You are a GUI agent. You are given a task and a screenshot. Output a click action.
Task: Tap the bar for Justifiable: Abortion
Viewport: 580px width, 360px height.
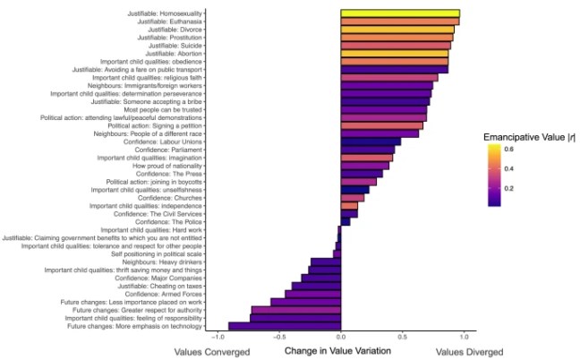pyautogui.click(x=395, y=53)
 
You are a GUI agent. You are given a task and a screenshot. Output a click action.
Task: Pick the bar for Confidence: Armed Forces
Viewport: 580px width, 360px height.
pyautogui.click(x=313, y=294)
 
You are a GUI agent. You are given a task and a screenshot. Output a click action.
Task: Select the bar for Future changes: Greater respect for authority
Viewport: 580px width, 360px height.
pyautogui.click(x=296, y=310)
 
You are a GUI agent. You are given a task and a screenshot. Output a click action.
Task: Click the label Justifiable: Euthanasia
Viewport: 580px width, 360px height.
pyautogui.click(x=169, y=21)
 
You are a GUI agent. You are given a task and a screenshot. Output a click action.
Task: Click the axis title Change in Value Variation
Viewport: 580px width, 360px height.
pyautogui.click(x=337, y=351)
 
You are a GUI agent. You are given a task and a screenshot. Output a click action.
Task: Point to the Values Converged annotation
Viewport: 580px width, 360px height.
pyautogui.click(x=211, y=351)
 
